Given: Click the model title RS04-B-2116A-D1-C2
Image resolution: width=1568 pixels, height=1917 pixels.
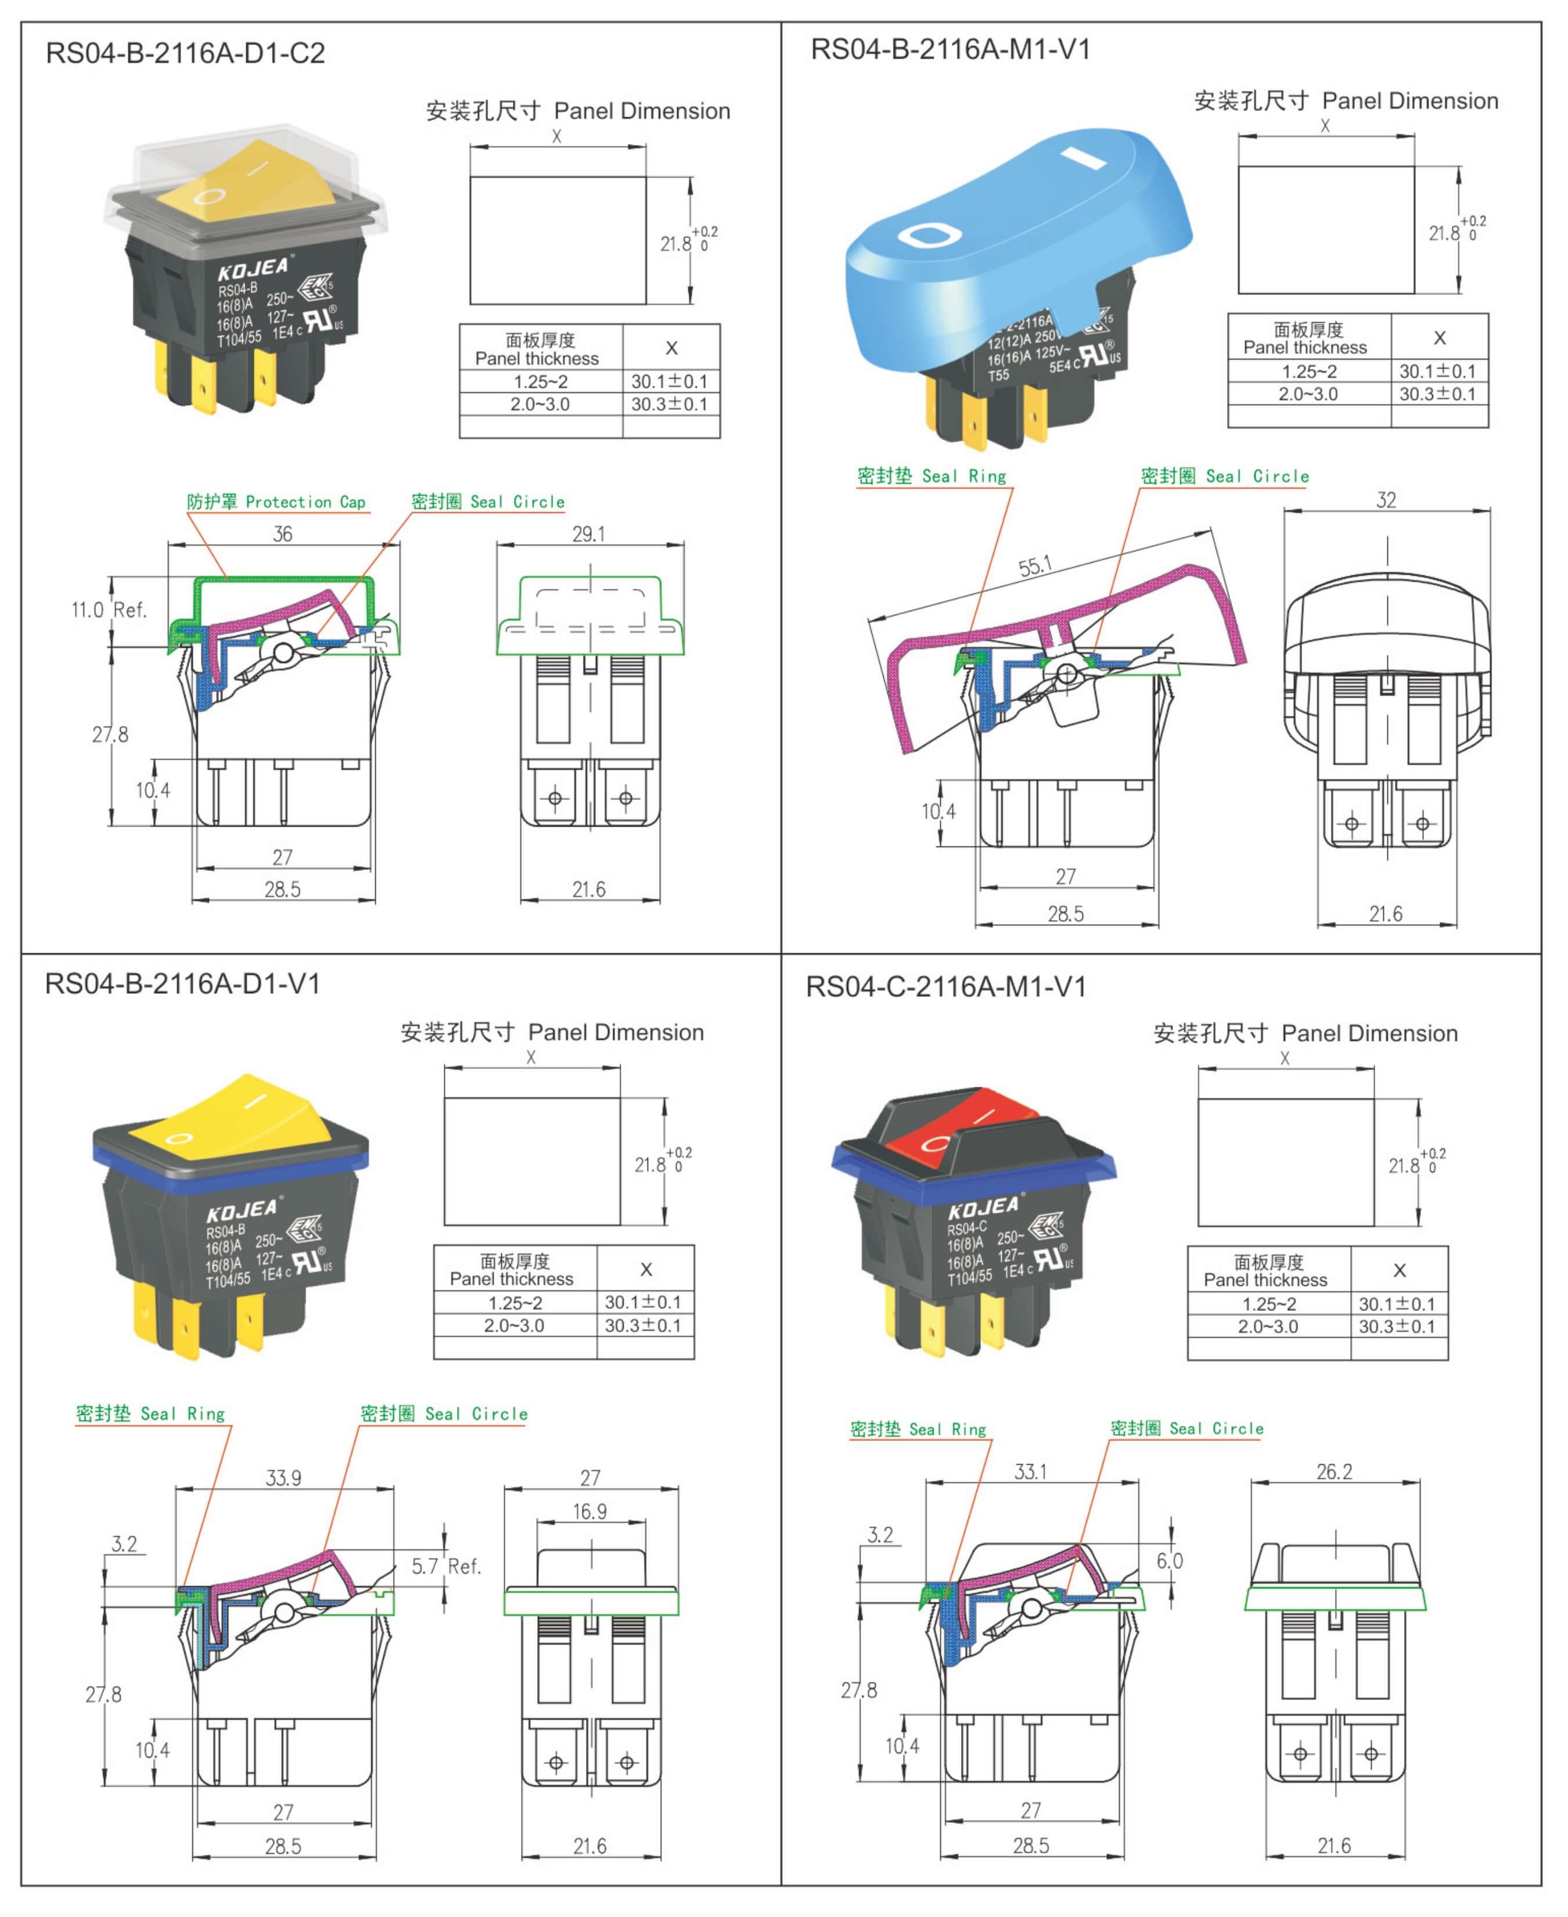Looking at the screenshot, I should [x=185, y=53].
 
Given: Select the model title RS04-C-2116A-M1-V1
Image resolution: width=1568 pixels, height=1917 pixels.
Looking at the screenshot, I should [x=945, y=987].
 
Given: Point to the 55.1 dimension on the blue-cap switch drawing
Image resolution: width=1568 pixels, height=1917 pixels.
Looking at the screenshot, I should [x=1035, y=566].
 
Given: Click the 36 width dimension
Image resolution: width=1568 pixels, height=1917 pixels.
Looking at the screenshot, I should [x=283, y=534].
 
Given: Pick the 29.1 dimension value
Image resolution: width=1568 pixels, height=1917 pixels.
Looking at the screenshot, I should [x=589, y=534].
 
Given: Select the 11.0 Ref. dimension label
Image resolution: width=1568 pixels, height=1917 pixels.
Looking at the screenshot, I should [x=109, y=610].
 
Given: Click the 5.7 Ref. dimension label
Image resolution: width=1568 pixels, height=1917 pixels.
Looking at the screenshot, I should [x=446, y=1566].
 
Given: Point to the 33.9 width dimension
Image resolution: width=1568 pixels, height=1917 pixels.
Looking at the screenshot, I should [x=283, y=1478].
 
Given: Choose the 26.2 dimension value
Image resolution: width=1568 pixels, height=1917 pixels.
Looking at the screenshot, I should [x=1334, y=1472].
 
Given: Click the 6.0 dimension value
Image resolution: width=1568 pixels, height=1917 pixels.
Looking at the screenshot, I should [x=1170, y=1561].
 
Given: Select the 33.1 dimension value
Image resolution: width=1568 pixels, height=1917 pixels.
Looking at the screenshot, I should [x=1031, y=1472].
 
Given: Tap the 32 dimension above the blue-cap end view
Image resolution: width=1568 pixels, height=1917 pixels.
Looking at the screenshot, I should [x=1386, y=500].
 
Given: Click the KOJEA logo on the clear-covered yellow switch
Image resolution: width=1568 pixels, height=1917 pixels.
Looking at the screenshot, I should [x=253, y=268].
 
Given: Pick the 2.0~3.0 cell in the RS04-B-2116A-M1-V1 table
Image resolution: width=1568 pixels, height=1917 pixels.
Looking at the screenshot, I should [x=1308, y=394].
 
